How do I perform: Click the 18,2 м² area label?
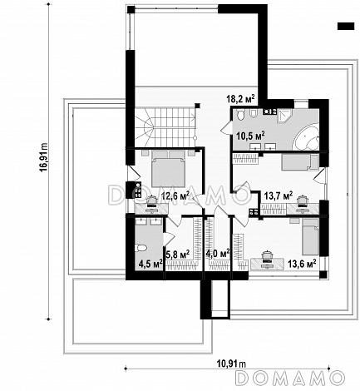(x=240, y=98)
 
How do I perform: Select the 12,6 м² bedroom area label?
(x=175, y=196)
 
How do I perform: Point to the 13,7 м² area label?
(x=279, y=196)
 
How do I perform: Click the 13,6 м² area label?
(x=302, y=264)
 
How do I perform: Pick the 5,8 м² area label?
(x=178, y=255)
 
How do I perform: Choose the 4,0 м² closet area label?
(x=218, y=254)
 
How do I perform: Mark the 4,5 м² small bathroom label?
(x=150, y=264)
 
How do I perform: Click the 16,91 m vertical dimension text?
(x=44, y=157)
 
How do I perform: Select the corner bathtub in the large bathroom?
(x=307, y=138)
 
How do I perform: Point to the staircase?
(x=165, y=127)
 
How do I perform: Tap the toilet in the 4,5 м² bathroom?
(x=141, y=248)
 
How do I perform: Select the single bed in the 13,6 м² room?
(x=310, y=236)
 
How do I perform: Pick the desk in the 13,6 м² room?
(x=267, y=264)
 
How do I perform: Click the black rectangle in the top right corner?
(x=346, y=26)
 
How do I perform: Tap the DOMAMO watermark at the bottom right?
(x=290, y=378)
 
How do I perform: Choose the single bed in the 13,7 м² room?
(x=300, y=162)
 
